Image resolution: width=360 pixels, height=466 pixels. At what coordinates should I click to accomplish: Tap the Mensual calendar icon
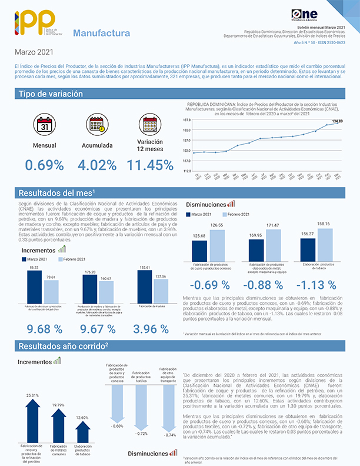click(44, 125)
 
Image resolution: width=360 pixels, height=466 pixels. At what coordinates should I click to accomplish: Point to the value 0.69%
click(44, 165)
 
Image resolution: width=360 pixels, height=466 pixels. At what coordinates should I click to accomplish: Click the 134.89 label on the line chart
click(338, 121)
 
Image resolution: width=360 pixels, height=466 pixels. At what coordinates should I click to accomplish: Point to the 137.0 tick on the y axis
click(186, 119)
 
